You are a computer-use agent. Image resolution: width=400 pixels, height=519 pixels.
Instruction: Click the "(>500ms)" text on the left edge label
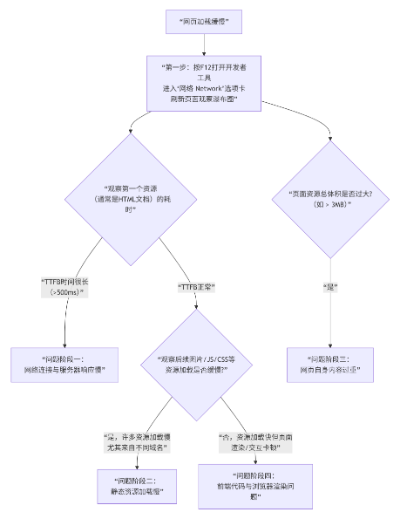click(65, 293)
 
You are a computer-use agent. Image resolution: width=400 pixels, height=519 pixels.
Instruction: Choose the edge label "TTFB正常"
click(196, 287)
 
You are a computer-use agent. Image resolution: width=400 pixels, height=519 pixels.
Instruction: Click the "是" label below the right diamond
click(330, 287)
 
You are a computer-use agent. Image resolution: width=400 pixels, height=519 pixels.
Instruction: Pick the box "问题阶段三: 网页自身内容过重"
click(330, 365)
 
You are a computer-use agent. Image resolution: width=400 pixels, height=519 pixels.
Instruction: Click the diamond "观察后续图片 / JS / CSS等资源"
click(196, 364)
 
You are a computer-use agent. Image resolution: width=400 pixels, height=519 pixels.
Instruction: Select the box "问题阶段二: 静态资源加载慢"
click(135, 486)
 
